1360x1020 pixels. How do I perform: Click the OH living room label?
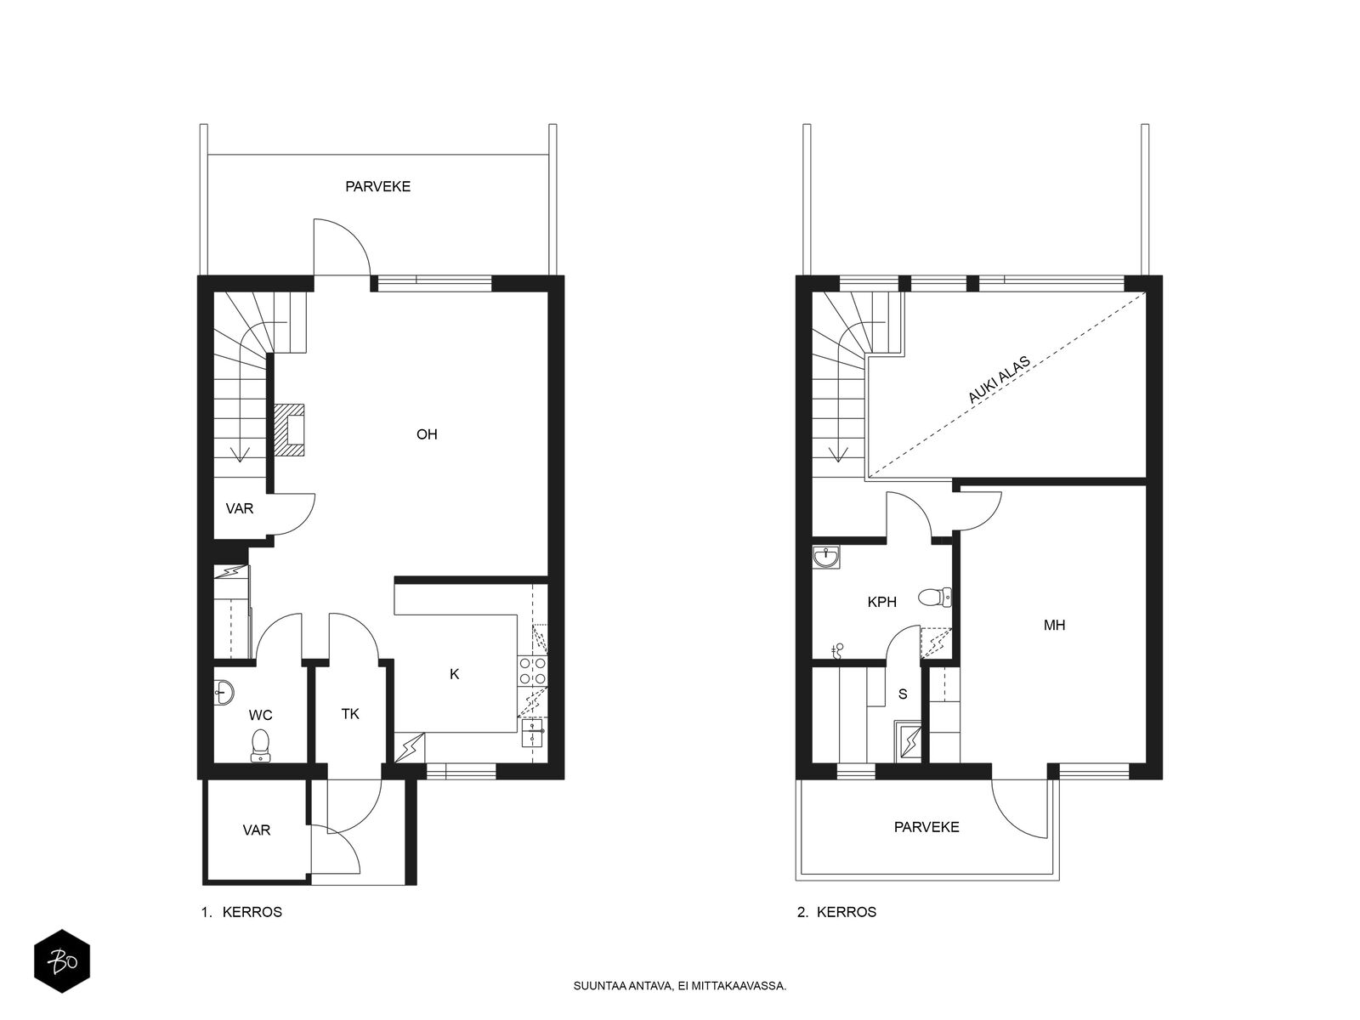click(x=427, y=434)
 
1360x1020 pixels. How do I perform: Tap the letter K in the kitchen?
click(x=454, y=674)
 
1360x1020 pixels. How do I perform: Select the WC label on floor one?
click(x=260, y=716)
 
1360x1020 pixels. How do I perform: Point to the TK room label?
click(x=350, y=714)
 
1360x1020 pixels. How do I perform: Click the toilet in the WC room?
click(x=260, y=745)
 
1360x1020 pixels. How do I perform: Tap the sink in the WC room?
click(x=224, y=692)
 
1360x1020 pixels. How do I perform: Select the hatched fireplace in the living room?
click(x=289, y=430)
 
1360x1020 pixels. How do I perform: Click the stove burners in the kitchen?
click(x=533, y=671)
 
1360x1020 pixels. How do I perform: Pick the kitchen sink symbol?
click(x=533, y=734)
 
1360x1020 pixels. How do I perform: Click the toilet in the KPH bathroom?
click(x=935, y=598)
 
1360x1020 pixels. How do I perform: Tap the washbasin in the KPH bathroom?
click(x=826, y=558)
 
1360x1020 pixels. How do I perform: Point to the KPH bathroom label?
click(x=881, y=602)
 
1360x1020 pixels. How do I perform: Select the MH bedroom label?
click(x=1054, y=626)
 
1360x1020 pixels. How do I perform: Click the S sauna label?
click(x=903, y=694)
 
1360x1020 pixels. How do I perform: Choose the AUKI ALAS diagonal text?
click(x=999, y=380)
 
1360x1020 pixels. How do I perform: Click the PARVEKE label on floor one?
click(x=378, y=186)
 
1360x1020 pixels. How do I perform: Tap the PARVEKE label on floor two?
click(x=926, y=827)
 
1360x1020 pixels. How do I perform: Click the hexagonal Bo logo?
click(x=62, y=961)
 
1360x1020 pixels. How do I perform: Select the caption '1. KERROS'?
click(x=241, y=912)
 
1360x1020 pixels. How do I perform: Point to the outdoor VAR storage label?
click(x=257, y=830)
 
